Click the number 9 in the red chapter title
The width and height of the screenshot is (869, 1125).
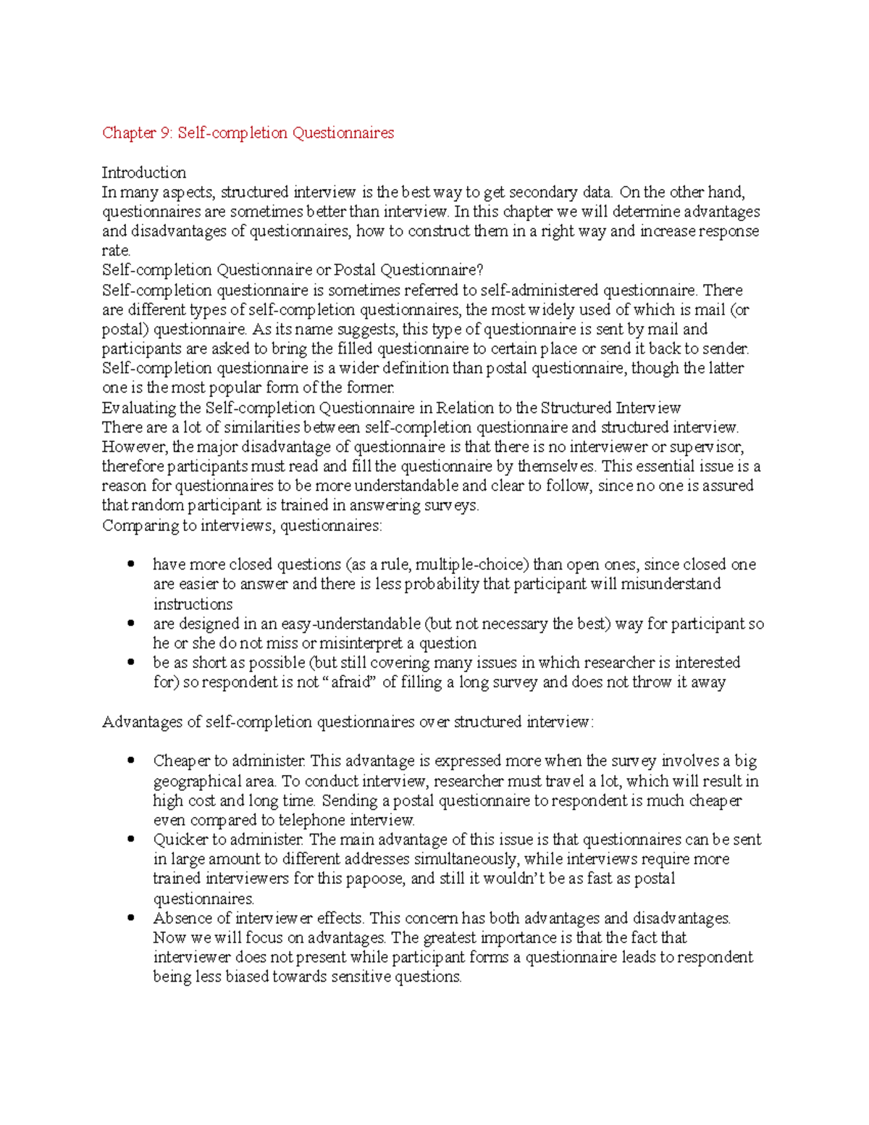point(166,133)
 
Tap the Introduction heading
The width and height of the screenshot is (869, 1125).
point(143,172)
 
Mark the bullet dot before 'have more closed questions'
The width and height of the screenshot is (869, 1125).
point(131,564)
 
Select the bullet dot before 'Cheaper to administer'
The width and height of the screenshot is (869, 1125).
point(131,761)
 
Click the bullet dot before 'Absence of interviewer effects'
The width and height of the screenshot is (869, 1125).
point(131,918)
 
